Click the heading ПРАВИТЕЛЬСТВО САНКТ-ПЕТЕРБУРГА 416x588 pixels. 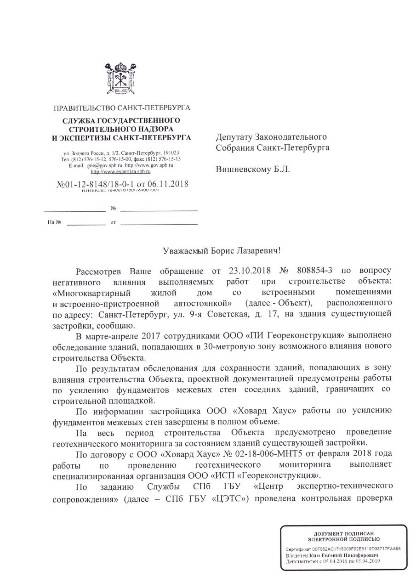point(122,109)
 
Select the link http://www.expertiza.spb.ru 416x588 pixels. point(121,171)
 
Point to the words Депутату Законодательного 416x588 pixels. point(271,137)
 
